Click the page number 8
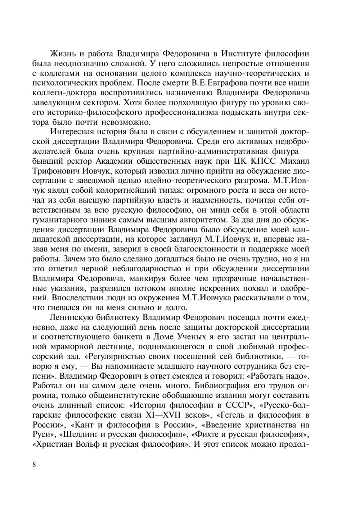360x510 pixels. coord(34,464)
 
